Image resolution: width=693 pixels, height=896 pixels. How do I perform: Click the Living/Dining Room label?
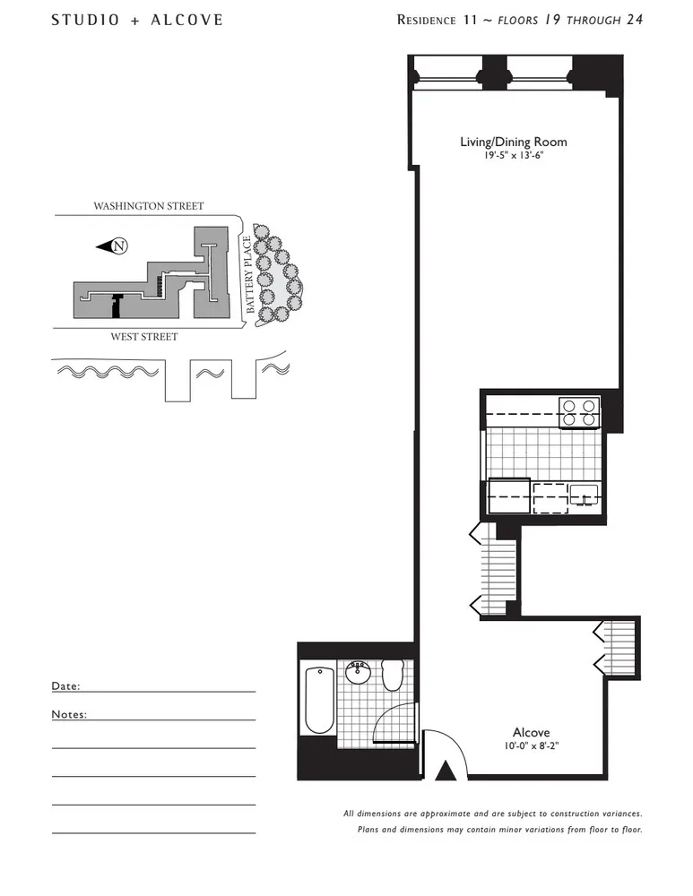pyautogui.click(x=513, y=142)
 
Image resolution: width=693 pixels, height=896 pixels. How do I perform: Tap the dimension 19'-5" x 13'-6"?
pyautogui.click(x=513, y=155)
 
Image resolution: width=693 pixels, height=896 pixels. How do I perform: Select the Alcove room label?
pyautogui.click(x=531, y=732)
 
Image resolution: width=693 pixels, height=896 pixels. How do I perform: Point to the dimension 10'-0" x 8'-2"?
pyautogui.click(x=531, y=745)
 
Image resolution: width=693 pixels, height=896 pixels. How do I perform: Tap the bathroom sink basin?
pyautogui.click(x=358, y=669)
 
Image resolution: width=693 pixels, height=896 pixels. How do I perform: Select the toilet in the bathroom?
pyautogui.click(x=392, y=675)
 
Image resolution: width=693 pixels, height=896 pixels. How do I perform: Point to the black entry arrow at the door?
pyautogui.click(x=443, y=770)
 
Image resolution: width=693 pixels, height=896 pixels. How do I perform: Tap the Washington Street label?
pyautogui.click(x=149, y=206)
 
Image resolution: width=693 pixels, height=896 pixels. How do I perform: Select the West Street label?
pyautogui.click(x=144, y=337)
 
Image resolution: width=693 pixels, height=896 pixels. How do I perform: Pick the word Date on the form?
pyautogui.click(x=65, y=685)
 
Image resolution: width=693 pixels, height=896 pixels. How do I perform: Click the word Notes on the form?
pyautogui.click(x=68, y=714)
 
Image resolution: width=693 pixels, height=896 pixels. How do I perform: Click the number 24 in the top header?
pyautogui.click(x=634, y=19)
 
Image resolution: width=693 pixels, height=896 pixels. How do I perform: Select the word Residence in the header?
pyautogui.click(x=427, y=20)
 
